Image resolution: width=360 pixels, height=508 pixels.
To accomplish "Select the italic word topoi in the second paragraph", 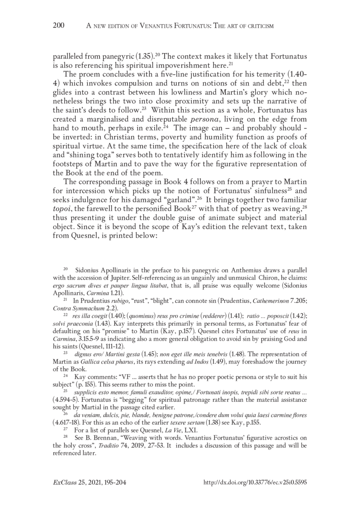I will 64,210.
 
